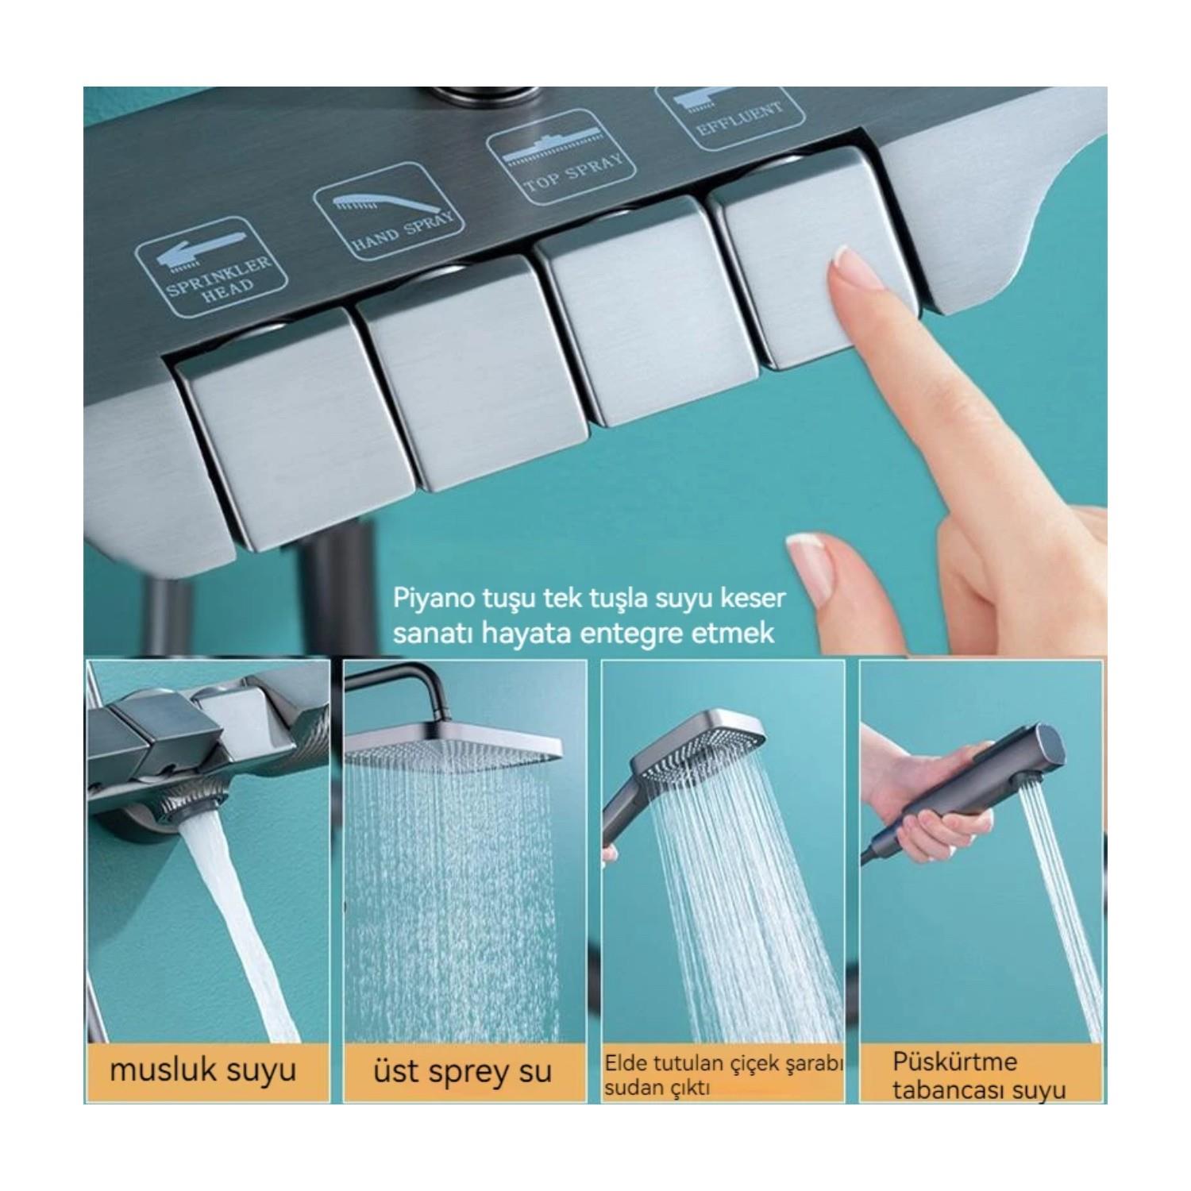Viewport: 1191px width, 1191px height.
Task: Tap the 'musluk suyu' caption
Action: tap(203, 1071)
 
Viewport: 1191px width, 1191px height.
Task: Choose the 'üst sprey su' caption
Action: tap(462, 1072)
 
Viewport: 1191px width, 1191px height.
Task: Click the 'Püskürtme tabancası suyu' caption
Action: tap(978, 1075)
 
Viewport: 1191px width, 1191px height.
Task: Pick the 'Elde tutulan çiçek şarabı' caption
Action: tap(723, 1063)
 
